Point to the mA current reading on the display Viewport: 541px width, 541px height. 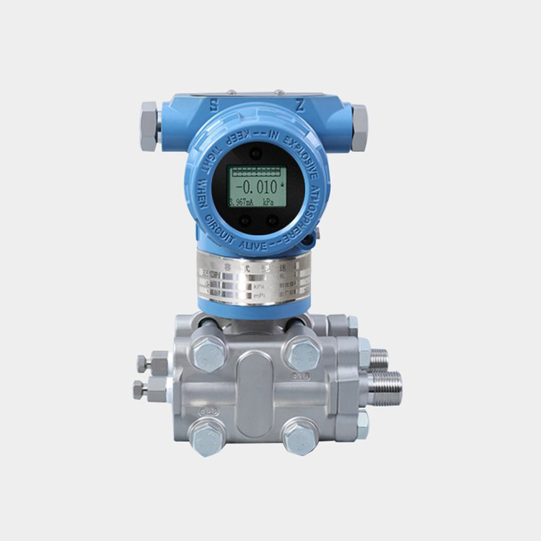tap(240, 203)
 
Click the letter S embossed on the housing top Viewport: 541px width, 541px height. tap(214, 105)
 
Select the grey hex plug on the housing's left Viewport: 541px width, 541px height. tap(149, 126)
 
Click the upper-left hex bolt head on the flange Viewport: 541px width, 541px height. tap(210, 354)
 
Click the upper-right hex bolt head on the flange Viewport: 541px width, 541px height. tap(302, 353)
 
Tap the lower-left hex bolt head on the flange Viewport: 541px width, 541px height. tap(208, 436)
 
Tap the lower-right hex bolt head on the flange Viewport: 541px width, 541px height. tap(300, 436)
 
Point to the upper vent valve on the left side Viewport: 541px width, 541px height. tap(153, 363)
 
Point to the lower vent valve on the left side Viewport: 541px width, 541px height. tap(150, 390)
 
